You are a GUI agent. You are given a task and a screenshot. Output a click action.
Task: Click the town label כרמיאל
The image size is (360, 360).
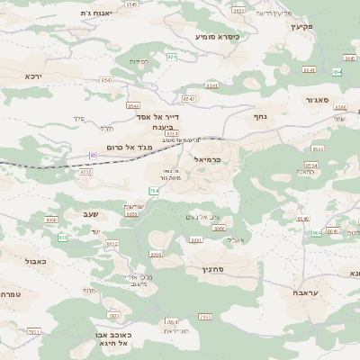212,159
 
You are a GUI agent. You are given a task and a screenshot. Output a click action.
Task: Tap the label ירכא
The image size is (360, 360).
34,76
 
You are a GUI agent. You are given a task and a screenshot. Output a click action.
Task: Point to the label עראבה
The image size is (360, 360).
305,293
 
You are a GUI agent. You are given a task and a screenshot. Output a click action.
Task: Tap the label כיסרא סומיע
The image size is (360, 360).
215,37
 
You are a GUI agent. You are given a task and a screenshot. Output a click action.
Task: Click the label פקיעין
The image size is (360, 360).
301,26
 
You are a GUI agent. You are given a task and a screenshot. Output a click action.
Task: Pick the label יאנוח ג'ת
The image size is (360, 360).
94,13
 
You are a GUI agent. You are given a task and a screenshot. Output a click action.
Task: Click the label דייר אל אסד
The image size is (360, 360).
162,116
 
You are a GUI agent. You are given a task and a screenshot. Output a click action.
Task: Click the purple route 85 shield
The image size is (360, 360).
93,156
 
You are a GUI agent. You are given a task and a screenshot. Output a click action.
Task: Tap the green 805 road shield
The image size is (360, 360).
63,238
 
